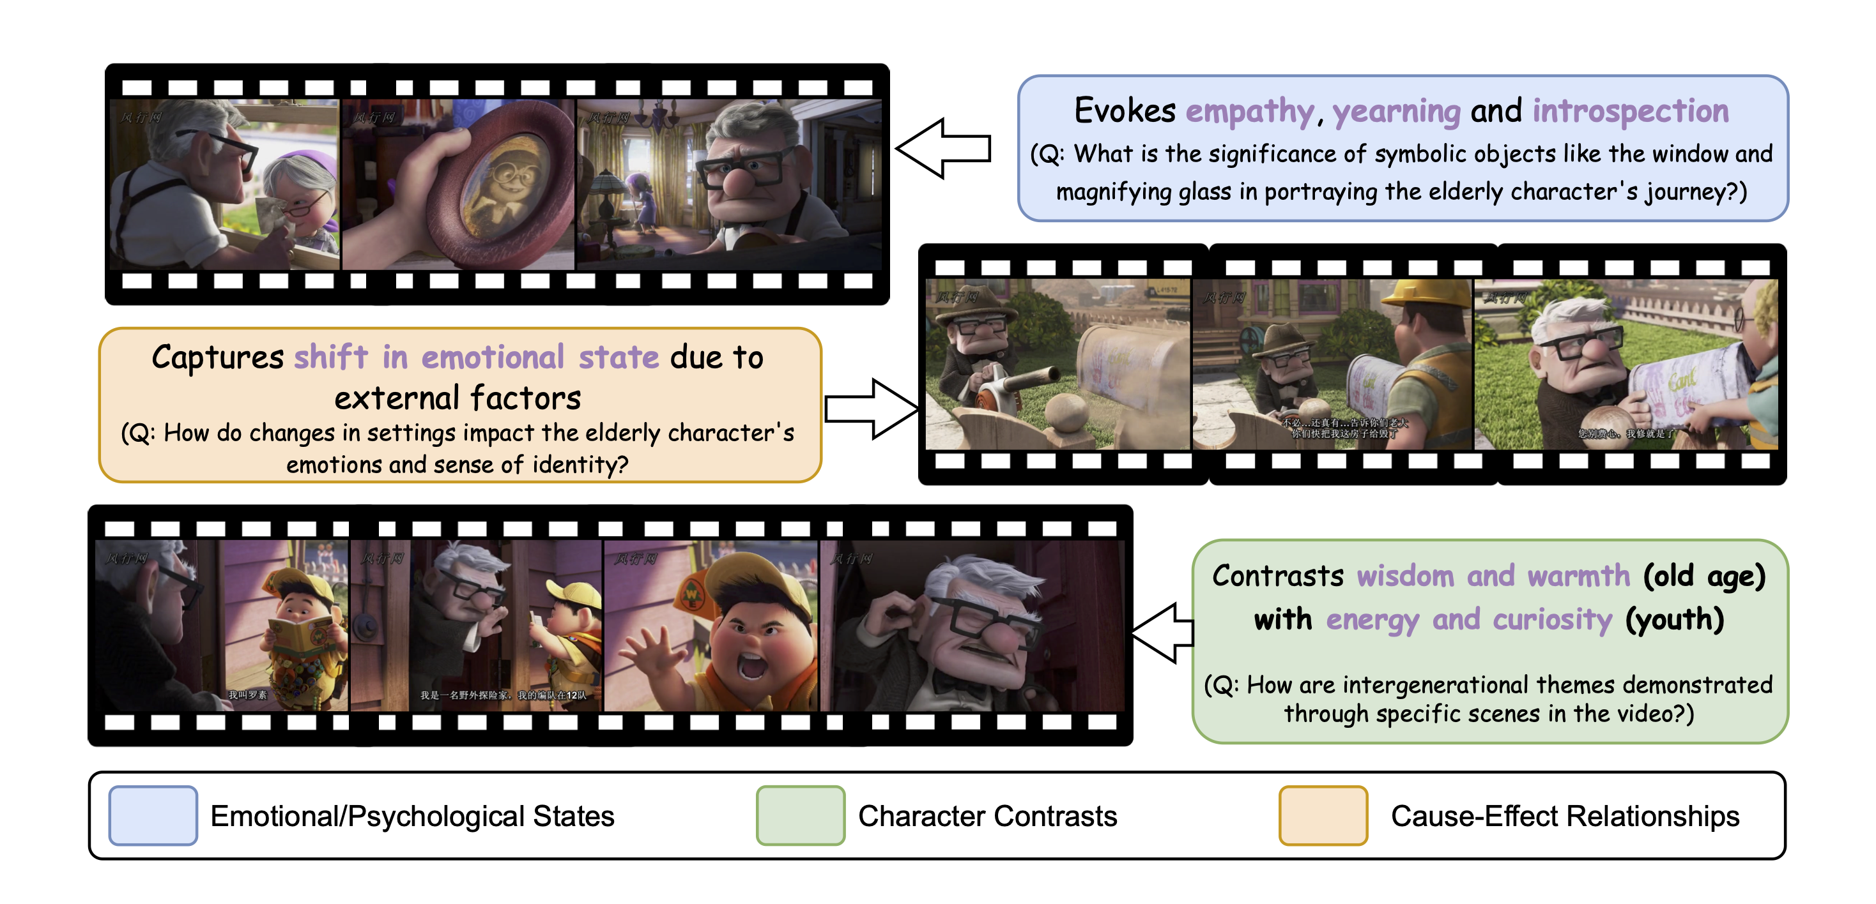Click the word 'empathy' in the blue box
pyautogui.click(x=1250, y=111)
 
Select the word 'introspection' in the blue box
pyautogui.click(x=1630, y=111)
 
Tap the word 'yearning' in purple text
pyautogui.click(x=1396, y=111)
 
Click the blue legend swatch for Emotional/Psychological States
pyautogui.click(x=153, y=815)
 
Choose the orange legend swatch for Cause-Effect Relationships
pyautogui.click(x=1323, y=815)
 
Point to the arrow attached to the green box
pyautogui.click(x=1164, y=633)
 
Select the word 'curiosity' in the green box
pyautogui.click(x=1552, y=620)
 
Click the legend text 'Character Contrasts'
pyautogui.click(x=987, y=816)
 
